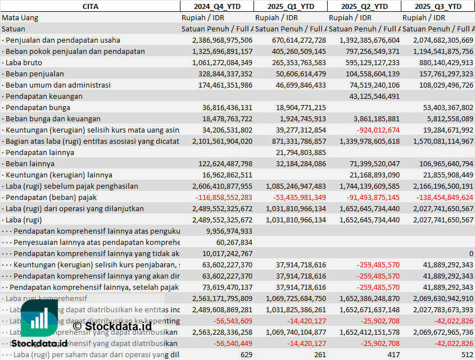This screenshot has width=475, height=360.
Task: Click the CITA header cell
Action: (90, 6)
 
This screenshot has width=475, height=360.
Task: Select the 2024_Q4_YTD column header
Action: (216, 6)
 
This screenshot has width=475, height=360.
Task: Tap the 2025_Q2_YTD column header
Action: (364, 6)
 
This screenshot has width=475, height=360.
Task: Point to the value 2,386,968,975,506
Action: (222, 40)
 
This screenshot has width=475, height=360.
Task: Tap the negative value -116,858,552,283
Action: (224, 197)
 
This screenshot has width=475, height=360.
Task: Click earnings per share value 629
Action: (246, 354)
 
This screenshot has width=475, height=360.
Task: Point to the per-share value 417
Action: (393, 354)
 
